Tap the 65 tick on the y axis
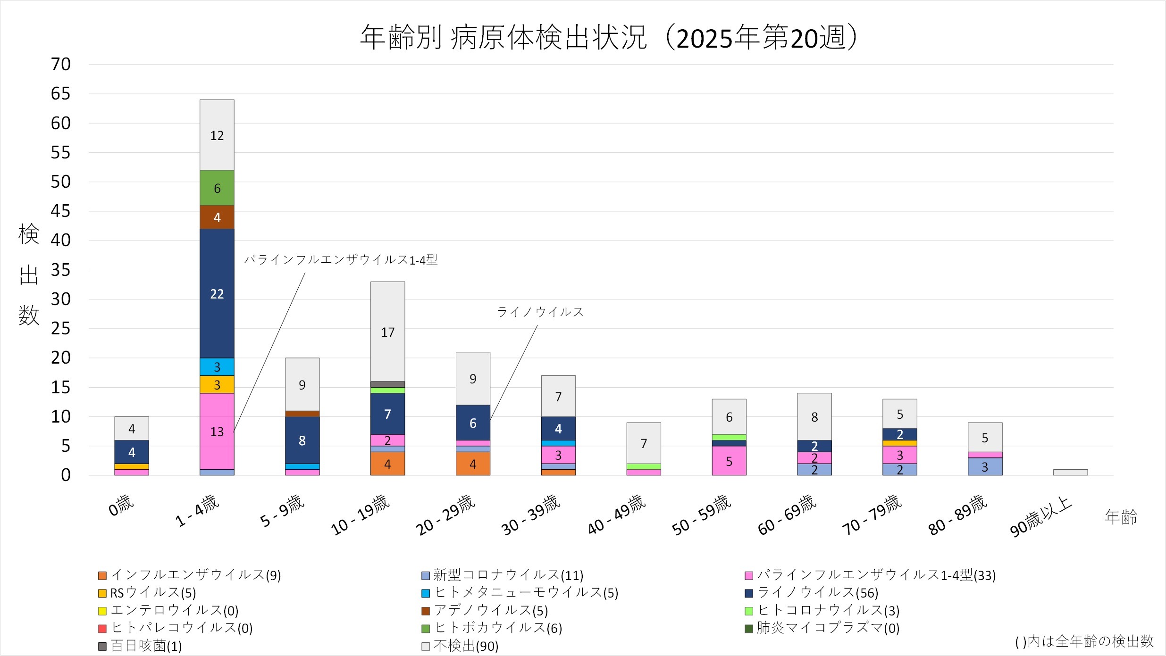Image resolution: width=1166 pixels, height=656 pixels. click(61, 94)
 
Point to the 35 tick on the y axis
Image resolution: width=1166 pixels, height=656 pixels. click(61, 270)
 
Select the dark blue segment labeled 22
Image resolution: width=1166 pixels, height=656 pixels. click(217, 293)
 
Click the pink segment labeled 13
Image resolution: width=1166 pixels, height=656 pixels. click(217, 432)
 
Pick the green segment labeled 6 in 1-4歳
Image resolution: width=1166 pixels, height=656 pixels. click(217, 188)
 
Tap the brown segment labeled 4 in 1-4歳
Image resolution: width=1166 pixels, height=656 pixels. click(217, 217)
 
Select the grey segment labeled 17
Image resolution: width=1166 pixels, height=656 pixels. click(387, 332)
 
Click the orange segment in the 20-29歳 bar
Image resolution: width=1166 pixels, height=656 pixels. click(473, 464)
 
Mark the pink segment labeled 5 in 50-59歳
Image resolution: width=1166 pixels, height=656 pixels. click(729, 461)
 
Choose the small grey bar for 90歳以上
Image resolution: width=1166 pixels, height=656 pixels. click(1070, 472)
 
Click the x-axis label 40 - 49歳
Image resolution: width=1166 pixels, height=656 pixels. click(617, 515)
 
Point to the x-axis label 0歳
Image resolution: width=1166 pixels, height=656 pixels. click(121, 506)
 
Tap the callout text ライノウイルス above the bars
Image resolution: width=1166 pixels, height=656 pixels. click(540, 312)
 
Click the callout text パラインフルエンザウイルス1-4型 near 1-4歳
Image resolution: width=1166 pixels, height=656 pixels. click(341, 260)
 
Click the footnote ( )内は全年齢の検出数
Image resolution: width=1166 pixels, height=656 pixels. click(1084, 641)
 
